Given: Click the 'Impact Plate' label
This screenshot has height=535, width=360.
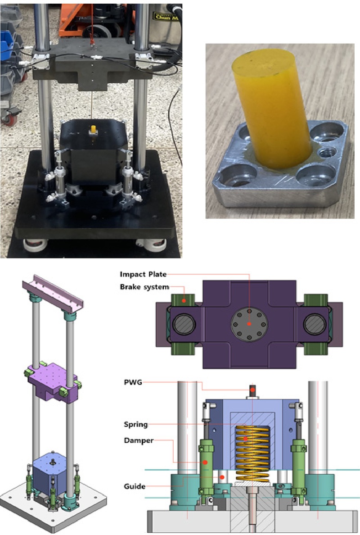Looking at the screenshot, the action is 143,274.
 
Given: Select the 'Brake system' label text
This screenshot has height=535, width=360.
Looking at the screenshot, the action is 144,287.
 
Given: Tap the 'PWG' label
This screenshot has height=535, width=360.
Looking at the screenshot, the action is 133,382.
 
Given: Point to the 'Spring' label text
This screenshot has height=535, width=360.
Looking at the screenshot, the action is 136,425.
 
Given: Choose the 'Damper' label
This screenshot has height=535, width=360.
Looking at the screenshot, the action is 139,440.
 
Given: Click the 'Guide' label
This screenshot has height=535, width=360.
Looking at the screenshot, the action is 135,486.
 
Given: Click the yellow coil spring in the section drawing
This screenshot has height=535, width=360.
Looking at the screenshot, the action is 252,454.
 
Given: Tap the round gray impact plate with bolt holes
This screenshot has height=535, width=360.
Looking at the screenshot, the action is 250,324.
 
